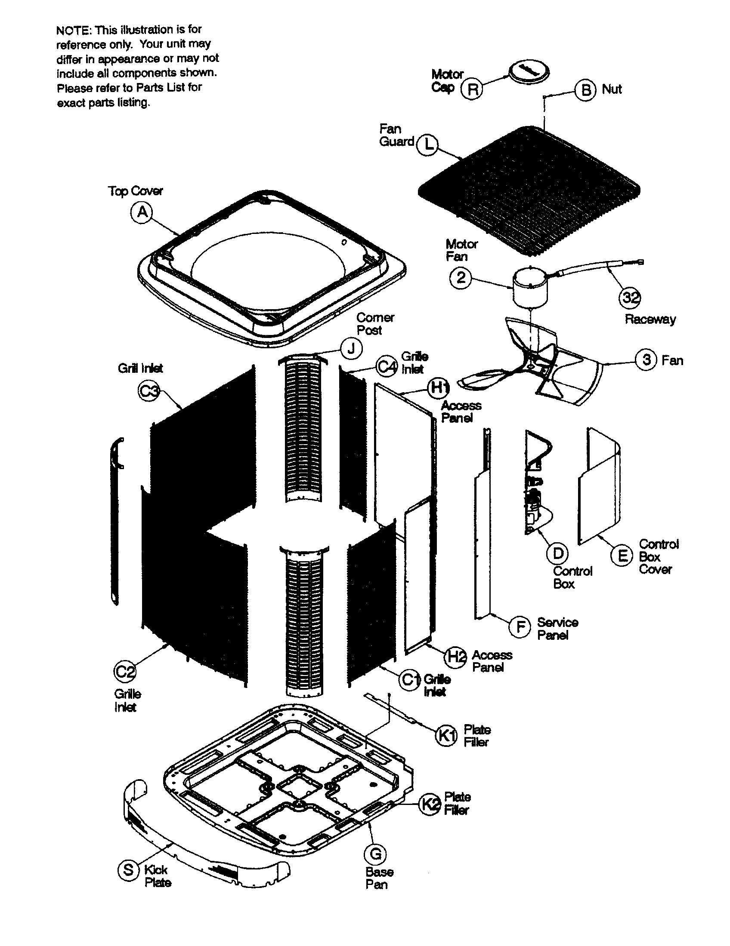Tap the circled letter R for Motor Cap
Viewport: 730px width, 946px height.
[x=472, y=89]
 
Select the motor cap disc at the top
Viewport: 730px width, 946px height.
[x=529, y=71]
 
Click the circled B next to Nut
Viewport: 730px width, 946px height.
[x=585, y=90]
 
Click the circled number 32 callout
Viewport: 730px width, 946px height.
[x=629, y=298]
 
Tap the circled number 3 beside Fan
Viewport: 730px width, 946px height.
[x=646, y=359]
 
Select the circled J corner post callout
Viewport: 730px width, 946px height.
[x=351, y=348]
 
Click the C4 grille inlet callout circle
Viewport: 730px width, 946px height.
[x=386, y=366]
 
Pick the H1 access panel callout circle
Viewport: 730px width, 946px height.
[x=438, y=388]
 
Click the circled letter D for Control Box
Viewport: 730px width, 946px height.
[x=557, y=553]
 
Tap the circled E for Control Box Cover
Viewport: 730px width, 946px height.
[x=622, y=555]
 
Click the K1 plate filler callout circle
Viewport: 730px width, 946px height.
[x=446, y=735]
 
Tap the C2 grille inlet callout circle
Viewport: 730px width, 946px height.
[x=124, y=671]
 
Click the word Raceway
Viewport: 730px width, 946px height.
[x=650, y=319]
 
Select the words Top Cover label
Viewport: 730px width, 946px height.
[x=135, y=191]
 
